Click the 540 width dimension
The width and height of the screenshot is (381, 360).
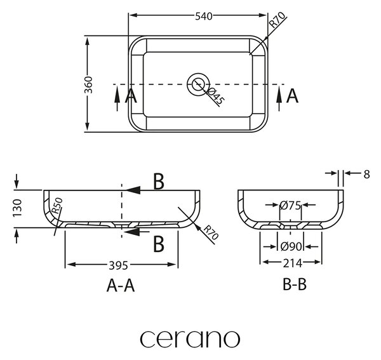(x=204, y=17)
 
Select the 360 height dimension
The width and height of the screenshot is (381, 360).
(x=88, y=85)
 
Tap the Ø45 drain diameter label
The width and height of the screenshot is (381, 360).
(x=215, y=97)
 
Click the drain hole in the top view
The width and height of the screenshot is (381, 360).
(x=198, y=84)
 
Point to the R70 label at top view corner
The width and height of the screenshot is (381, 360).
(x=277, y=20)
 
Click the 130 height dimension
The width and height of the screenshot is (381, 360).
(x=18, y=208)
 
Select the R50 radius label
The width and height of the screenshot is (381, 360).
(x=58, y=206)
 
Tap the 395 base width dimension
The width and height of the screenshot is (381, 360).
(x=118, y=265)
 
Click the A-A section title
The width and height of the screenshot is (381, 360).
(x=121, y=285)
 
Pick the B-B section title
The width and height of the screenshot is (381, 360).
(x=295, y=284)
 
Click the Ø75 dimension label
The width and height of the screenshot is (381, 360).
(x=290, y=206)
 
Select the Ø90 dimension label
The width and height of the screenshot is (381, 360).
(x=291, y=247)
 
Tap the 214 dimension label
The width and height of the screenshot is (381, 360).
(x=292, y=263)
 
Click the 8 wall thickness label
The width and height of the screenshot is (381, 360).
(x=366, y=174)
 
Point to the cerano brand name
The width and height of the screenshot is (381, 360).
(x=190, y=339)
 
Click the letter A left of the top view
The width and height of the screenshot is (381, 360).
(x=131, y=96)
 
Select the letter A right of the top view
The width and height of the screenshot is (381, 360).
(x=292, y=96)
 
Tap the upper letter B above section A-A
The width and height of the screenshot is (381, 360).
(x=159, y=181)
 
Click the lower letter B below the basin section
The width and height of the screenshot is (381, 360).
(x=159, y=244)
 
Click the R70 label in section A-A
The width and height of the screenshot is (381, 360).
(x=211, y=232)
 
